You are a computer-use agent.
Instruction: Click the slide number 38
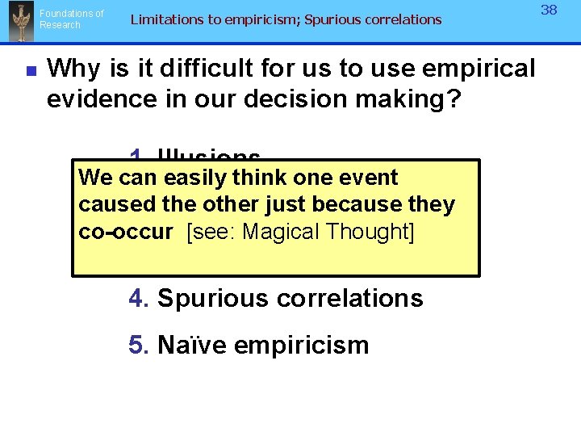tap(549, 10)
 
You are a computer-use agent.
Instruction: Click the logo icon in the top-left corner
tap(20, 22)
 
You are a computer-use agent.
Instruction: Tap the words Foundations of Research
tap(72, 19)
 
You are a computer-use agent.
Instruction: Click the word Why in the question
tap(76, 69)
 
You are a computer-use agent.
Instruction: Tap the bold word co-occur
tap(125, 232)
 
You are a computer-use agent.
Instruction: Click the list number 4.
tap(138, 298)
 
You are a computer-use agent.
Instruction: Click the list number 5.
tap(138, 345)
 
